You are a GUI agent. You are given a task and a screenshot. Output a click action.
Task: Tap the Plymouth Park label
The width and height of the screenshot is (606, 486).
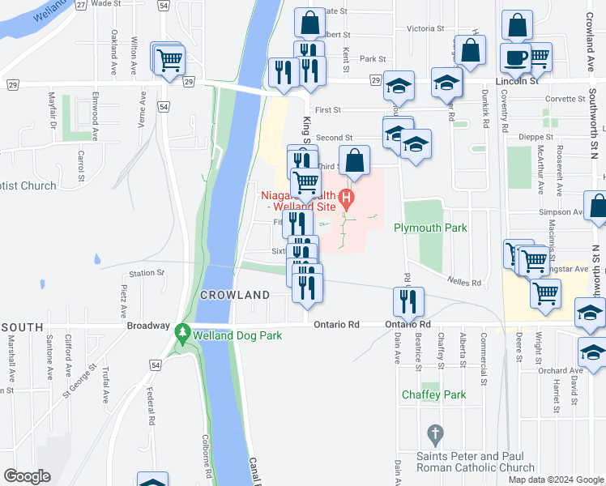430,228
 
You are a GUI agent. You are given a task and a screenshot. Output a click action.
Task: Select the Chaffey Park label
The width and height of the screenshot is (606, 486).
433,394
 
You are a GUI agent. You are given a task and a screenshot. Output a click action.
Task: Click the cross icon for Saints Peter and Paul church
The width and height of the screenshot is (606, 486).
435,435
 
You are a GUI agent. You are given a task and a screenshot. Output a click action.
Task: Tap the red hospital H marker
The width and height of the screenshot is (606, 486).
348,196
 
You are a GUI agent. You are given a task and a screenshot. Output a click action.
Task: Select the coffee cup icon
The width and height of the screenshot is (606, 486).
514,58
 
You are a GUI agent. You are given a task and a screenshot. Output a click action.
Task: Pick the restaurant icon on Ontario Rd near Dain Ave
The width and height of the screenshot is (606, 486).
408,301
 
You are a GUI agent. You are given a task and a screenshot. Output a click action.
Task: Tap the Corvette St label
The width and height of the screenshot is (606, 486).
565,99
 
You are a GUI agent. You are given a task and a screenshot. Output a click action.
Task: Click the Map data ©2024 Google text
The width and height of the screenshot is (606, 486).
555,480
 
